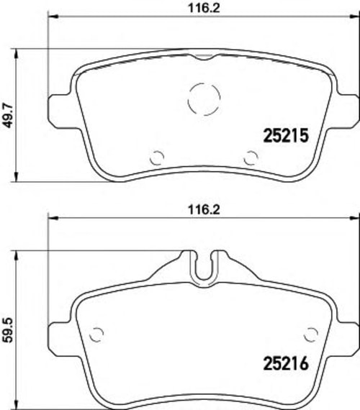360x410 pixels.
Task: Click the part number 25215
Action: point(286,135)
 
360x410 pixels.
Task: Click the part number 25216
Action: point(286,363)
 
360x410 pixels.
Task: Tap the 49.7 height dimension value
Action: point(8,115)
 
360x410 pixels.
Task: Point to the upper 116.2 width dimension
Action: point(204,8)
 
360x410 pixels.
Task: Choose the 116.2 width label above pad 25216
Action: point(204,210)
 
